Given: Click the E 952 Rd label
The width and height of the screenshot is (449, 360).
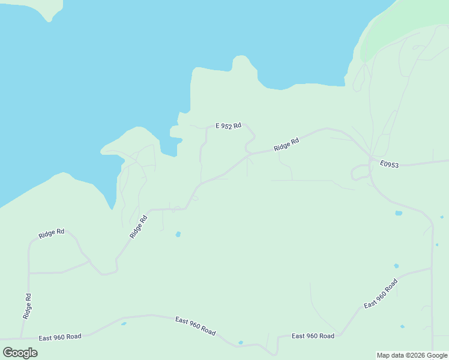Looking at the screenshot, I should (x=228, y=126).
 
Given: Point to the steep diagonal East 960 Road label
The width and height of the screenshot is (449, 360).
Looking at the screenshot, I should (x=381, y=294).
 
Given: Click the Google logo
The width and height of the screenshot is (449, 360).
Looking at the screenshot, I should (x=20, y=353).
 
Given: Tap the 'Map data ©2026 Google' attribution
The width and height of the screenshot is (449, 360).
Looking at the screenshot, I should (x=412, y=355).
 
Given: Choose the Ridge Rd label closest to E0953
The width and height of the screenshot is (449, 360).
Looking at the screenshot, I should (x=286, y=145).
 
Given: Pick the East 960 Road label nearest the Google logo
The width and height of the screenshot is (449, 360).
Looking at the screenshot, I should (x=59, y=337).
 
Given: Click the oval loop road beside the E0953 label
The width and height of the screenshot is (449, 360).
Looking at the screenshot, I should (x=360, y=173).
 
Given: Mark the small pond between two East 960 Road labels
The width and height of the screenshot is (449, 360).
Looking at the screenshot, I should (x=241, y=343).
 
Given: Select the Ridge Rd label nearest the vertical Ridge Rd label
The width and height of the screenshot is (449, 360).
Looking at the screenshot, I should (x=51, y=233).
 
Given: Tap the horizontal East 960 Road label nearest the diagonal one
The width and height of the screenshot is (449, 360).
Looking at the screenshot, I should (x=313, y=336).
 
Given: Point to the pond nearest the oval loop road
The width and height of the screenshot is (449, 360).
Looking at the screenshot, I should (x=399, y=213).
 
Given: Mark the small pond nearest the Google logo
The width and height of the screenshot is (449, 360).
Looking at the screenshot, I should (x=124, y=324).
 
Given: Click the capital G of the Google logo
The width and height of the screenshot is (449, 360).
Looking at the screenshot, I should (x=8, y=353).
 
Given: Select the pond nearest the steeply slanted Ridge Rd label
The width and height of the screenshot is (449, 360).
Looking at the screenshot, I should (x=178, y=234).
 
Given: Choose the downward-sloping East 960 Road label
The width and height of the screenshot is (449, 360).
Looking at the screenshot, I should (x=195, y=326).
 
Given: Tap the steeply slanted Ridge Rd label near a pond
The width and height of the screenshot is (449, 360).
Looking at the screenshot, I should (x=139, y=227).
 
